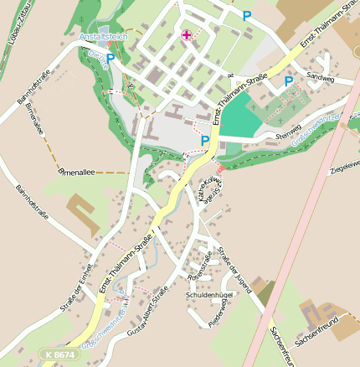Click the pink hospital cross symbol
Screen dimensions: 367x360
[186, 34]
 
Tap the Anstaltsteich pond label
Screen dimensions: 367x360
[101, 38]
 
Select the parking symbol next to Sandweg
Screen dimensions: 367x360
[289, 81]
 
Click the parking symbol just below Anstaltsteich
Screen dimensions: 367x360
[110, 59]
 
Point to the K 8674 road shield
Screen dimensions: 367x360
[60, 356]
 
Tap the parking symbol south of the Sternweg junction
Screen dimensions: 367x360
[205, 141]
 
